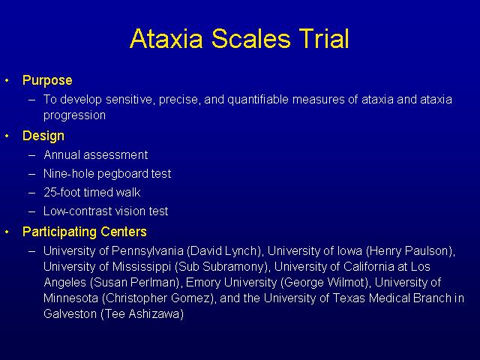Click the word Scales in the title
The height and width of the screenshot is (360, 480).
pos(250,38)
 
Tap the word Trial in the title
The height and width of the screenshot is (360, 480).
pos(324,38)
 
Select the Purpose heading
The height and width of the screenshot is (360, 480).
pos(47,81)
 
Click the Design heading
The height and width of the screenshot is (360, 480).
pos(43,136)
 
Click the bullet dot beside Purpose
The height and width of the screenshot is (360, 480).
pos(7,81)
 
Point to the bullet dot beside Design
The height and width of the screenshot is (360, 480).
pos(7,136)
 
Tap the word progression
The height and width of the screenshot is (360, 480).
pos(74,115)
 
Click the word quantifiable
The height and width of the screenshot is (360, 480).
pos(258,100)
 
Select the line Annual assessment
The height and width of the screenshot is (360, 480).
pos(96,155)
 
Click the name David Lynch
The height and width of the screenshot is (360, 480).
pos(223,251)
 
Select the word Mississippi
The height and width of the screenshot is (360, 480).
pos(142,267)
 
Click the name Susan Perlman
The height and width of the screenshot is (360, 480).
pos(135,282)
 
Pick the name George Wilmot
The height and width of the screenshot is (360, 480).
pos(325,282)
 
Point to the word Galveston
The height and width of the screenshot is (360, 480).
pos(70,313)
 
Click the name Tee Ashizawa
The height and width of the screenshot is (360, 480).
pos(142,313)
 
